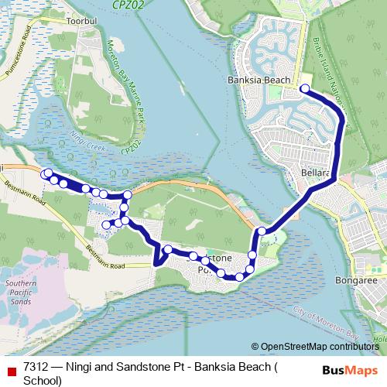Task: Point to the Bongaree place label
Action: [355, 280]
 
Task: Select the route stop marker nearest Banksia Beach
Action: [304, 88]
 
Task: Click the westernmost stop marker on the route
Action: [47, 173]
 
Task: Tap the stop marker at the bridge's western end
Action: [262, 231]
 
